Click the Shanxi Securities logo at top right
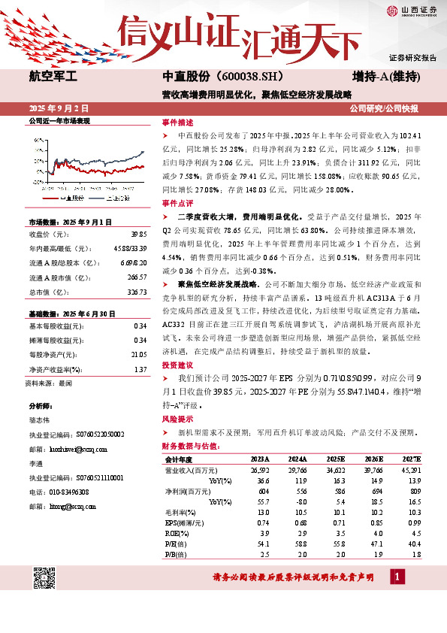click(x=412, y=11)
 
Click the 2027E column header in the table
click(x=412, y=458)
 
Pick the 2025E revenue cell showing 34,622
click(x=336, y=468)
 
